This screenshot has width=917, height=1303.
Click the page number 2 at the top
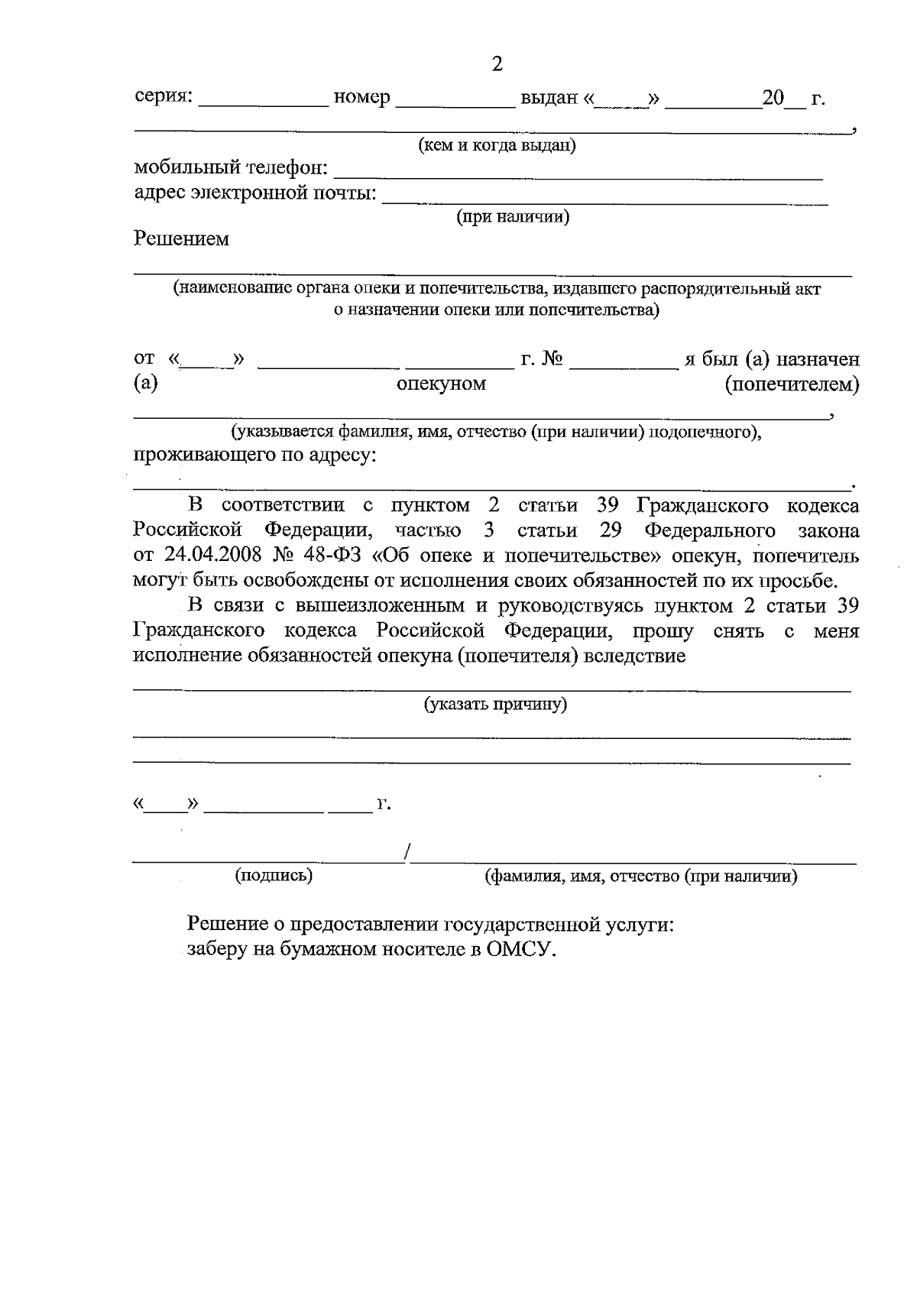click(x=497, y=64)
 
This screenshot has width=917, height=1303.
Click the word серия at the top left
click(x=163, y=98)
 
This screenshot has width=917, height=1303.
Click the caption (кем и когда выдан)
click(x=497, y=145)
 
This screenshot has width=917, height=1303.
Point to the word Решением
click(x=182, y=239)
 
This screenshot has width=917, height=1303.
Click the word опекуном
click(x=442, y=383)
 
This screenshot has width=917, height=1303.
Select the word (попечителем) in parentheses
click(x=792, y=384)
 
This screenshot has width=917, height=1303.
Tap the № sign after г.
click(x=552, y=358)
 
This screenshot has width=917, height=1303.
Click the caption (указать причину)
click(x=496, y=704)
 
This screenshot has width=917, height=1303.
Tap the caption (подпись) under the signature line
click(x=274, y=876)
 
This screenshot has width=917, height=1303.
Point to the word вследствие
click(x=634, y=656)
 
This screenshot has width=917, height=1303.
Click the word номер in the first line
click(x=362, y=98)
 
